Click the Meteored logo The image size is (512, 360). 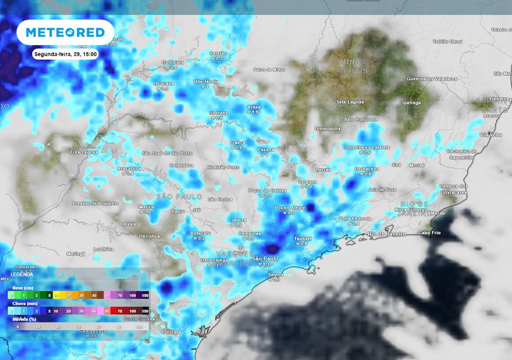point(65,32)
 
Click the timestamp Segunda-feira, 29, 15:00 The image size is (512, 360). point(65,54)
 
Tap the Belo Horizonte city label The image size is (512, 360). point(361,119)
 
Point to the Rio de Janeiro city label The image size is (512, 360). point(387,234)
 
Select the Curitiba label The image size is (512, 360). point(170,332)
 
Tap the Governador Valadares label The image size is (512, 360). point(432,79)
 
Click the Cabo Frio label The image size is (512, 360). point(431,233)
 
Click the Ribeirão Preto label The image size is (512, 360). point(223,167)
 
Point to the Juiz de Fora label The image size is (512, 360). point(382,189)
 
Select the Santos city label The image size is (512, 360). point(276,275)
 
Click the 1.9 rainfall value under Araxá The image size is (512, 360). point(255,113)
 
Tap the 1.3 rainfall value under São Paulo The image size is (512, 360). point(267,264)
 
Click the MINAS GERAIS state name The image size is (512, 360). point(353,66)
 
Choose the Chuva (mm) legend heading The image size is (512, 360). point(24,304)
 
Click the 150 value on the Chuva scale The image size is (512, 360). point(144,311)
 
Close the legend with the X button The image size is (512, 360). point(142,272)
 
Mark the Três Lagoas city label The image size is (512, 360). point(84,152)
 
